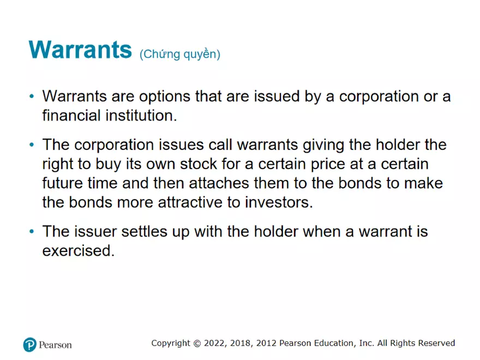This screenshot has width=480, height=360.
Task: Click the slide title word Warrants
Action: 80,49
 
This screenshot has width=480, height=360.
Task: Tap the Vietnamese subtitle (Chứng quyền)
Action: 180,54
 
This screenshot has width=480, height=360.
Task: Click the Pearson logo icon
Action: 29,344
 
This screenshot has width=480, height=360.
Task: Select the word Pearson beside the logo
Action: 55,345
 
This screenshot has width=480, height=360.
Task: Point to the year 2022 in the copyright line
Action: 214,343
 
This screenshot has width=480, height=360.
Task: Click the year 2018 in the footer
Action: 240,343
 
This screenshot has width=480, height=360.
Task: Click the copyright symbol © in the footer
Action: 196,343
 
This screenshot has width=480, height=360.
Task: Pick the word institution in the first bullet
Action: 140,116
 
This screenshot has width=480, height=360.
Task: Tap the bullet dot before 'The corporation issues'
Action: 32,145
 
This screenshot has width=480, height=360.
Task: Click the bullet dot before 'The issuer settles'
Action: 32,232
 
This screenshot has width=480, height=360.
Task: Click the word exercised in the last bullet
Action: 78,251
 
